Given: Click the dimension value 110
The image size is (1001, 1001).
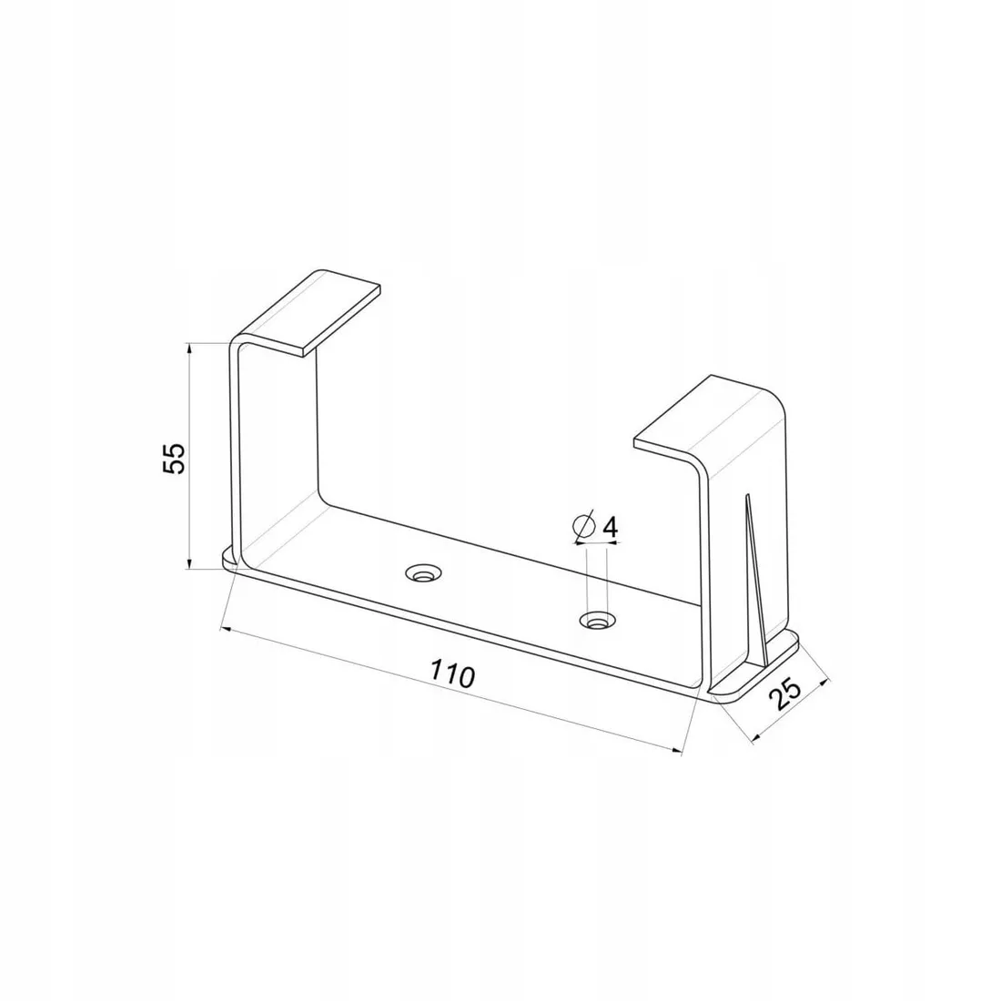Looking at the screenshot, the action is click(x=452, y=672).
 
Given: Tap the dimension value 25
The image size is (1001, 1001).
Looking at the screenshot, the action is click(x=786, y=695).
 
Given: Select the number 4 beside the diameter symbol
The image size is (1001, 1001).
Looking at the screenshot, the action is click(x=610, y=527).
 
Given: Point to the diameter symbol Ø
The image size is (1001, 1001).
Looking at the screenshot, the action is click(x=584, y=527).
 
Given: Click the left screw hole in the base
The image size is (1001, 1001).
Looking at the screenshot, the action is click(x=423, y=572).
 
